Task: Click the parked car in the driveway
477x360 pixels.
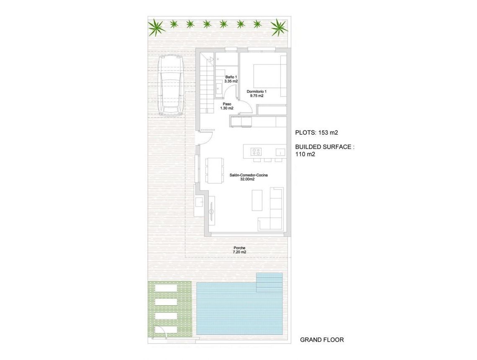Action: (x=171, y=86)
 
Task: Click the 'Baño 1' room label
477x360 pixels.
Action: (x=231, y=77)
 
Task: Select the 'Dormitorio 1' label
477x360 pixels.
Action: (x=256, y=91)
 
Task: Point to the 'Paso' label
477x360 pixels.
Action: (x=227, y=104)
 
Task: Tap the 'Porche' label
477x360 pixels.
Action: (x=240, y=248)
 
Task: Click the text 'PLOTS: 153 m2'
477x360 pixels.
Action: (x=316, y=133)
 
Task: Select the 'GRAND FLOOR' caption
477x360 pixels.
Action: (x=322, y=340)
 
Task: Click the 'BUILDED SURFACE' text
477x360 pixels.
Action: (x=324, y=147)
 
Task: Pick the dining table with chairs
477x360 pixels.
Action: (x=215, y=170)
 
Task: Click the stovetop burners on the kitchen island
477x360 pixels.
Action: (x=256, y=151)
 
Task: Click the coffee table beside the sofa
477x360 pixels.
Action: (x=257, y=200)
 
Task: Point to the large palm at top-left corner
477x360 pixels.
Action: (x=156, y=28)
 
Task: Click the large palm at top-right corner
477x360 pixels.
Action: (x=279, y=28)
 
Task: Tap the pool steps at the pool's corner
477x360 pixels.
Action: (x=269, y=283)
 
